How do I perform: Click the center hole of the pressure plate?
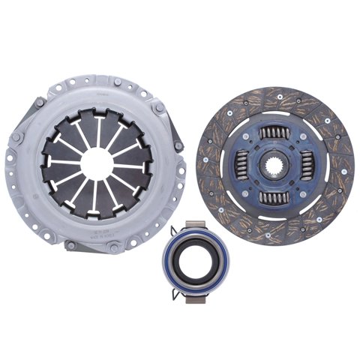[96, 160]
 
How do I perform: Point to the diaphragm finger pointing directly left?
[61, 160]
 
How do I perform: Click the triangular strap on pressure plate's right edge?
[177, 142]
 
